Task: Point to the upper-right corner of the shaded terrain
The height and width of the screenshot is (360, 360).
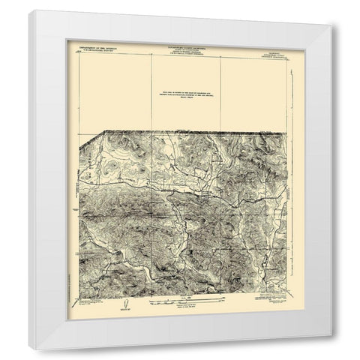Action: [285, 132]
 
